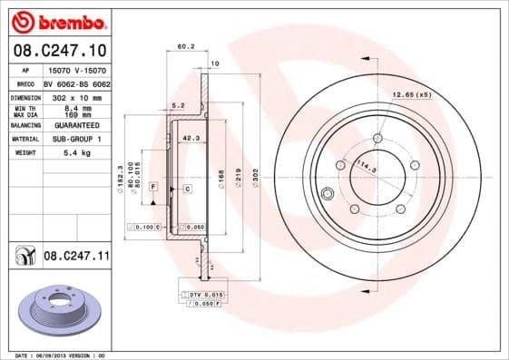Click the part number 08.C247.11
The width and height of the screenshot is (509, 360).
[76, 257]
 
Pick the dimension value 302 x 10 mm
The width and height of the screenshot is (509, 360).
[75, 95]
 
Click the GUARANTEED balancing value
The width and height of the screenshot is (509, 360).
[75, 125]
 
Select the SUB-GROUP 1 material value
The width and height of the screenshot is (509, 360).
[75, 139]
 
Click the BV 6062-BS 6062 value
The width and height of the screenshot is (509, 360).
[76, 83]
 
